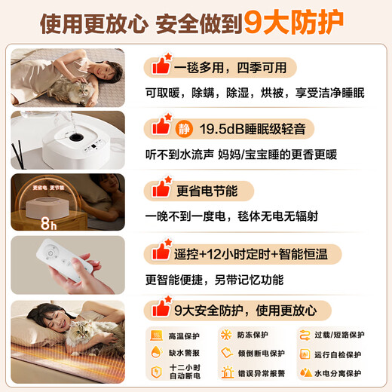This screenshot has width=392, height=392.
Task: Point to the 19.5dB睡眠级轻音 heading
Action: pos(248,130)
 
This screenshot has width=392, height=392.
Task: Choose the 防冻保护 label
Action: pos(261,335)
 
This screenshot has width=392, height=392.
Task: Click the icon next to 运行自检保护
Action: pos(306,354)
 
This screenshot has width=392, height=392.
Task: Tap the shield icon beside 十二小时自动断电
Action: pos(157,373)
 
